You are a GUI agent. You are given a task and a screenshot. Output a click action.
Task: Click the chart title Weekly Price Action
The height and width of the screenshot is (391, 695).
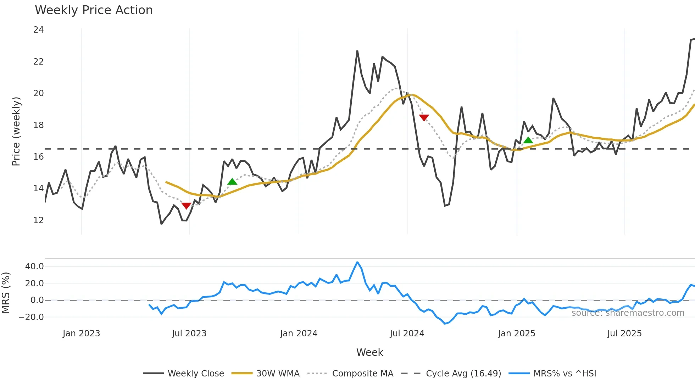(94, 10)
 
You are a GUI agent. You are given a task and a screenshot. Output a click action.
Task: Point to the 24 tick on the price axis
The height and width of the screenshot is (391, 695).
(38, 30)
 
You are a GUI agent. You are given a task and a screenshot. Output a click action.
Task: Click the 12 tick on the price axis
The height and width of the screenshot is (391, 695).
(38, 220)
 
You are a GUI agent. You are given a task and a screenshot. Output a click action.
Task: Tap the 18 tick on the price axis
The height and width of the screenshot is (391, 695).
(38, 125)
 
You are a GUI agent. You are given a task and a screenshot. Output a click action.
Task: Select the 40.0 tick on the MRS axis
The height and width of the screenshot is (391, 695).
(34, 266)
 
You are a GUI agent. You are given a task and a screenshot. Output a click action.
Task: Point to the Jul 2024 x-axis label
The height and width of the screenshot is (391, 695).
(407, 334)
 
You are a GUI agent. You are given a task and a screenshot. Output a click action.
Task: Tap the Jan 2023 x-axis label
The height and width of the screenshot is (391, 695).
(81, 334)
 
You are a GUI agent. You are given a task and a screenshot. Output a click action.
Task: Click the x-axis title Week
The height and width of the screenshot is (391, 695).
(369, 352)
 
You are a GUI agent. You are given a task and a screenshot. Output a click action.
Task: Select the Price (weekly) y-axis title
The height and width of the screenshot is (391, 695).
(16, 131)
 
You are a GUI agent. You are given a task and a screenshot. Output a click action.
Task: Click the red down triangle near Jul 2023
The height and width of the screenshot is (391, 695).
(186, 206)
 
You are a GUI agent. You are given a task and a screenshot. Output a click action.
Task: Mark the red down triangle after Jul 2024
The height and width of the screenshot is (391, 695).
(424, 117)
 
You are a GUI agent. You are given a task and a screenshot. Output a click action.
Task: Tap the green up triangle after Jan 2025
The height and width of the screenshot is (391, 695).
(528, 141)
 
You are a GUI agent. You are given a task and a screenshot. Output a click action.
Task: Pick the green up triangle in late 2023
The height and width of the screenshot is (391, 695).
(232, 182)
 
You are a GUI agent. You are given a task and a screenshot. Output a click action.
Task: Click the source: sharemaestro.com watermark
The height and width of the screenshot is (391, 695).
(628, 313)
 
